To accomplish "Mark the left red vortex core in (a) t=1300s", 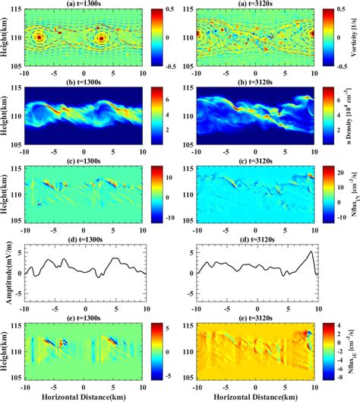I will [x=39, y=36].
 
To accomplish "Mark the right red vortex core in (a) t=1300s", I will [x=101, y=36].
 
